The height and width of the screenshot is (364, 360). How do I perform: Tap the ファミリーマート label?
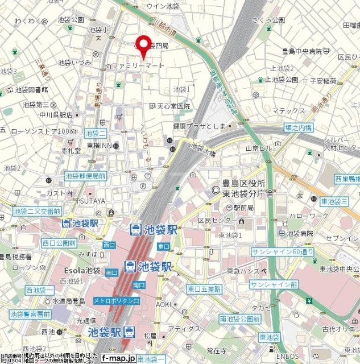[139, 66]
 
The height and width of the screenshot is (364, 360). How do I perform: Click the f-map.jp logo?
[118, 358]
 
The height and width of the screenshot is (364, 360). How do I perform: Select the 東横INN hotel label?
[102, 146]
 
